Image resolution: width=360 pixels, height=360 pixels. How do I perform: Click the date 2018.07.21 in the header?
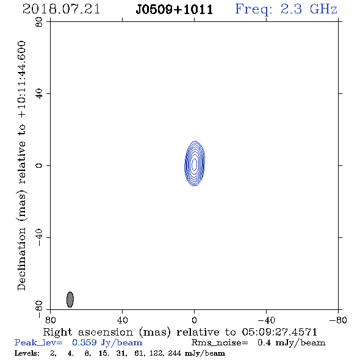(61, 9)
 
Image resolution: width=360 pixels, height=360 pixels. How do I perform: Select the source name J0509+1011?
(175, 10)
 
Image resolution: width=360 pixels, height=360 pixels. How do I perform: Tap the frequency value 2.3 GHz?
(309, 9)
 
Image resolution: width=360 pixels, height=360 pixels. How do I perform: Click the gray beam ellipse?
(70, 300)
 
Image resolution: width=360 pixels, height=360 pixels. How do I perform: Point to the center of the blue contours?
(195, 164)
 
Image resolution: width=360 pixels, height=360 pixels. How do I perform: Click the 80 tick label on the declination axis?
(39, 22)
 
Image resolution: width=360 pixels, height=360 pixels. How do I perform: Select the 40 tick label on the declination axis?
(39, 94)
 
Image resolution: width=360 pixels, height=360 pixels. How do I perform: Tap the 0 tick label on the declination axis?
(39, 165)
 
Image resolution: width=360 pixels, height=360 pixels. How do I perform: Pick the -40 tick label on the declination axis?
(39, 237)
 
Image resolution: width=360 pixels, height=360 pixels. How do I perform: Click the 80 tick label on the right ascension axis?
(50, 320)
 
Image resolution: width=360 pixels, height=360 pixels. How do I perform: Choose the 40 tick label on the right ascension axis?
(123, 320)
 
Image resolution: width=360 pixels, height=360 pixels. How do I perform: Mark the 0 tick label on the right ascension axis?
(194, 320)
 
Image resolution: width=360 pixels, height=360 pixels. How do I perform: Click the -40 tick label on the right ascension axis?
(266, 320)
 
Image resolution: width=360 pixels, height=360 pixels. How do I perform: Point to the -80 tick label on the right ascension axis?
(338, 320)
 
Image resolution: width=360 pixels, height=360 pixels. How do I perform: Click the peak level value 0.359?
(84, 342)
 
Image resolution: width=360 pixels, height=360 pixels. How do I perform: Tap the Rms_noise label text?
(220, 343)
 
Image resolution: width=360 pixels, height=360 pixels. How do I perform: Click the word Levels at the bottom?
(27, 353)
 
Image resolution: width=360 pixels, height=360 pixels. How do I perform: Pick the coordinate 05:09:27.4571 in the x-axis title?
(279, 332)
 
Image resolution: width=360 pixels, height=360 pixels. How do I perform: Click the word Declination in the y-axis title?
(21, 259)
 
